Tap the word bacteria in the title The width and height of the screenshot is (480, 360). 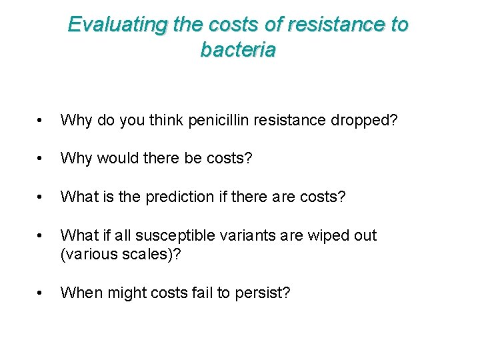pos(238,50)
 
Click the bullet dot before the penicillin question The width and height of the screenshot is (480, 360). pos(41,121)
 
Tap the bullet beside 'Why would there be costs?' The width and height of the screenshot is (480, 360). pos(41,159)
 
